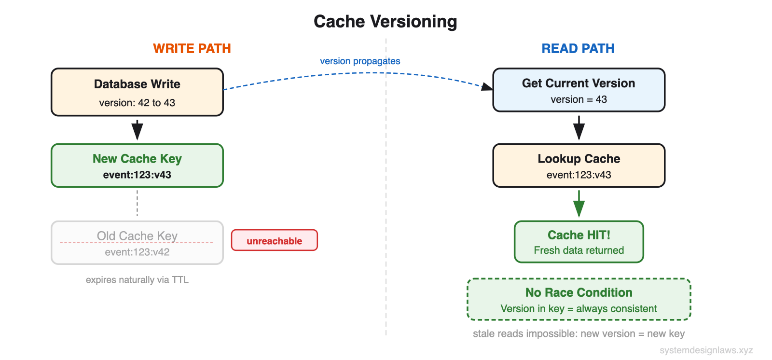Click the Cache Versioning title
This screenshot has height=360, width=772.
(x=385, y=22)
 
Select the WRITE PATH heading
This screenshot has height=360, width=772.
(x=192, y=49)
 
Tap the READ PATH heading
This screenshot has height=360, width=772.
(x=578, y=49)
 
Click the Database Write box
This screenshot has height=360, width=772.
(x=137, y=92)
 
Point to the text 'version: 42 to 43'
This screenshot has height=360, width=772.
(x=137, y=103)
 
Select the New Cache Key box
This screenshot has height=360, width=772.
(x=137, y=166)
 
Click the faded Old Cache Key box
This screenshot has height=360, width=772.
(x=137, y=243)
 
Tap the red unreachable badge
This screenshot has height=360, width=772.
(x=274, y=240)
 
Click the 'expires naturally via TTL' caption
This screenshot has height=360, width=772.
(x=137, y=280)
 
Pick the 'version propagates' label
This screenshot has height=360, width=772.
(x=360, y=61)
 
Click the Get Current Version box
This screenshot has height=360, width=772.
(x=579, y=90)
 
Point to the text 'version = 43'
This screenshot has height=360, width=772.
(x=579, y=99)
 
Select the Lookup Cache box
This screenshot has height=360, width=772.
(x=579, y=166)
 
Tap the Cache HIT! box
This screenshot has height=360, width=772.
(x=579, y=242)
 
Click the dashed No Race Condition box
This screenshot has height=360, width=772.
(x=579, y=299)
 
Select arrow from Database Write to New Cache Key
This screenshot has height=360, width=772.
(x=137, y=129)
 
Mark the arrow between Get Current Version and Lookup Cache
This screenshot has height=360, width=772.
(x=579, y=127)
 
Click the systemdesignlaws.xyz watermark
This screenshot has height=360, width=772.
(x=706, y=350)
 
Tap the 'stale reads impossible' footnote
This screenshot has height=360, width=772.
(x=579, y=334)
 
